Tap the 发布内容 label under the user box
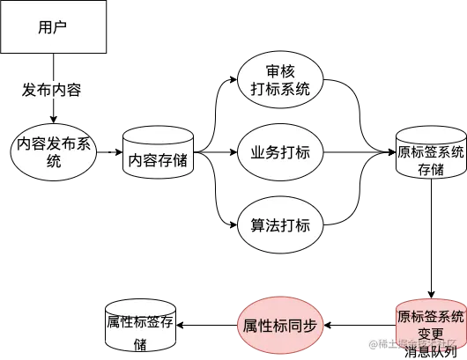[x=53, y=90]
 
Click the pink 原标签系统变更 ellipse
[x=430, y=325]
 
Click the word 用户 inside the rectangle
[x=52, y=26]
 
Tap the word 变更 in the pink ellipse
[x=430, y=334]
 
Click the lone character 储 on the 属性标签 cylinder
[x=140, y=344]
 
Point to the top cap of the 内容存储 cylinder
[x=158, y=134]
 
